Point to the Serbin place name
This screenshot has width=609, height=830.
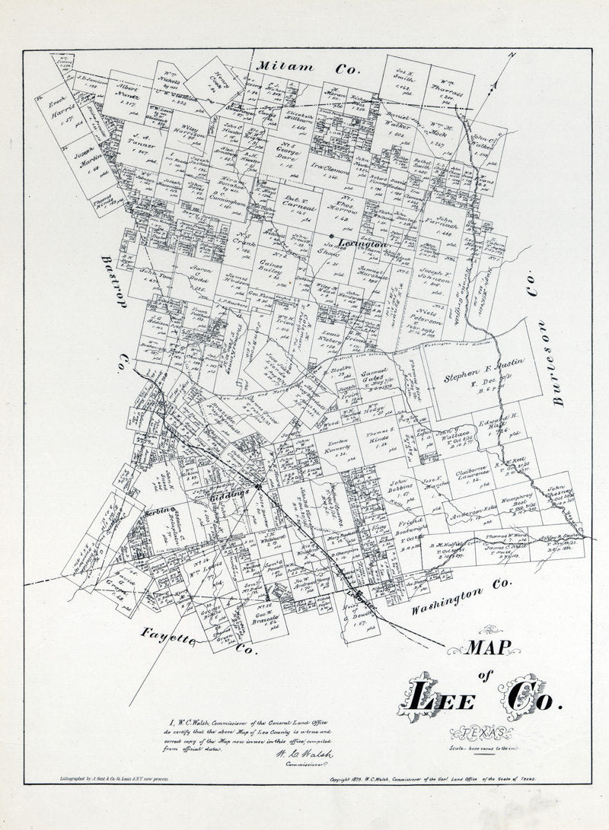coord(161,511)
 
